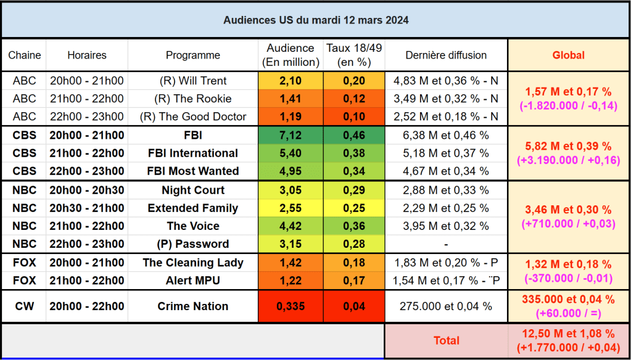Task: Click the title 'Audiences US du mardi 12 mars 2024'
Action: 315,20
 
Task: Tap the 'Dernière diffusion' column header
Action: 446,55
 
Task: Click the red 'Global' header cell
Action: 568,55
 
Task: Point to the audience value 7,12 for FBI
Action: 291,135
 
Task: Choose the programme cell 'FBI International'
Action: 193,153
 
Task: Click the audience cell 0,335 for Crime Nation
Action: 291,306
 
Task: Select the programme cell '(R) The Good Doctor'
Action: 193,117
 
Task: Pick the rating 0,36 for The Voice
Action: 354,226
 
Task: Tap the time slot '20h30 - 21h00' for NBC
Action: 87,208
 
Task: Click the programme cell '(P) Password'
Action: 193,243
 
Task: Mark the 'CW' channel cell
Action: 25,306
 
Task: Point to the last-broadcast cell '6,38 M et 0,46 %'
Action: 446,135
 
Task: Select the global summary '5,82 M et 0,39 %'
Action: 568,146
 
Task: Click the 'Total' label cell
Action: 446,340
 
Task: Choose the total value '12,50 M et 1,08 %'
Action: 568,334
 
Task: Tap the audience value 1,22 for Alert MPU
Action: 291,280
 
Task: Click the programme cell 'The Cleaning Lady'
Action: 193,263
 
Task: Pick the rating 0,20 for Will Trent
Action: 354,81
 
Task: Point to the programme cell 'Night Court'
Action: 193,190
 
